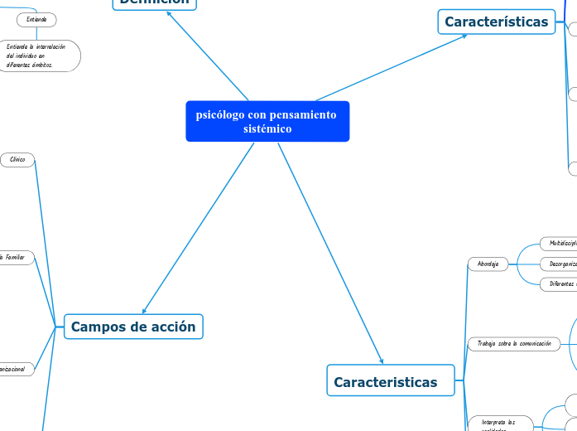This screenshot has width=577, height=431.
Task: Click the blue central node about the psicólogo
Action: point(267,122)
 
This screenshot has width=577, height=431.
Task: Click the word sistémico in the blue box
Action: point(267,129)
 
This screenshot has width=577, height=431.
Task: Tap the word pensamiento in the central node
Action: point(297,114)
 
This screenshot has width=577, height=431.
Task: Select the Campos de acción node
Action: point(133,327)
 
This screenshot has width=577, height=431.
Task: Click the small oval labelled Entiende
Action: point(36,19)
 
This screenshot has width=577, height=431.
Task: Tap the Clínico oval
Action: point(17,159)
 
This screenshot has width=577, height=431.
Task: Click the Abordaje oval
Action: point(488,264)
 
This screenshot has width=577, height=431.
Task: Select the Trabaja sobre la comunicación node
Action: point(514,343)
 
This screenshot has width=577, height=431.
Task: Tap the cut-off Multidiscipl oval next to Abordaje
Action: point(558,244)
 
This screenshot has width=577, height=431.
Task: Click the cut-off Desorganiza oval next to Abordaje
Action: point(559,264)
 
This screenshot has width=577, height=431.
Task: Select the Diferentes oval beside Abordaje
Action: point(559,283)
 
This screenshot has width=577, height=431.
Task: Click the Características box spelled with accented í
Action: point(496,22)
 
